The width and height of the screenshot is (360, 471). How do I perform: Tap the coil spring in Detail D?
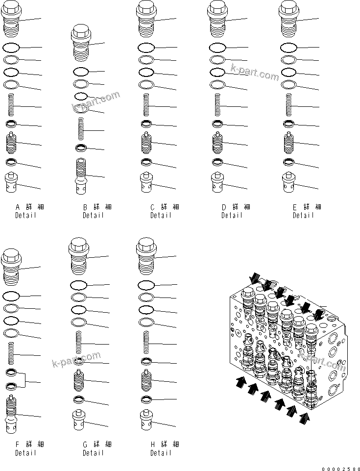(x=219, y=106)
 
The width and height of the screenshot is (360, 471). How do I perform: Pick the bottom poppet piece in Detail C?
(x=145, y=183)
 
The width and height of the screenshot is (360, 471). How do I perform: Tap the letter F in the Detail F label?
(x=17, y=445)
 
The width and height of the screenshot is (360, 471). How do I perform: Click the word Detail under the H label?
(x=161, y=453)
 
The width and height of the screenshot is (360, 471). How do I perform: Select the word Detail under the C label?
(x=161, y=216)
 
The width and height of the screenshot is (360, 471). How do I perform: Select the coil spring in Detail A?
(x=11, y=106)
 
